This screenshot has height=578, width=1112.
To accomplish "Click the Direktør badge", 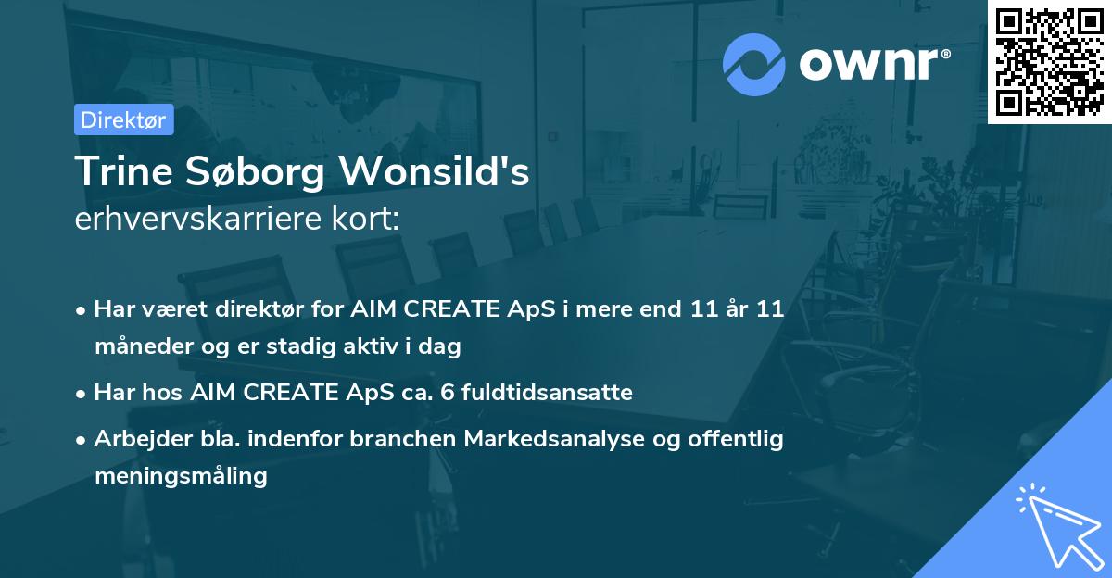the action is click(124, 119).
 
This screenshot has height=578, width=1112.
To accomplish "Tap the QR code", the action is click(1049, 62).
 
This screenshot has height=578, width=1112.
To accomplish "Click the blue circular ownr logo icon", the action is click(753, 65).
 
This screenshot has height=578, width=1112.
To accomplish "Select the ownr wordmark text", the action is click(868, 64).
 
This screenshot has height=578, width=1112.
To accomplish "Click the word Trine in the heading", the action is click(124, 170).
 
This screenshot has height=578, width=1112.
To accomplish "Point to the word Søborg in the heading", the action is click(255, 171).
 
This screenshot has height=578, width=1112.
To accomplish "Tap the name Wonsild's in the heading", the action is click(434, 170).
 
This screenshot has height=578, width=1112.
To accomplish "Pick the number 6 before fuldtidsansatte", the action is click(448, 393).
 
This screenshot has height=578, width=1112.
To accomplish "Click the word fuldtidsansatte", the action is click(547, 392).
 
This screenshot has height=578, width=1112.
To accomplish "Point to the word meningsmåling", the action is click(182, 476).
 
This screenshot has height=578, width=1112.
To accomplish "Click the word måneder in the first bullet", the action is click(144, 346).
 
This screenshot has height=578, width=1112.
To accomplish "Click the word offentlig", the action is click(736, 439).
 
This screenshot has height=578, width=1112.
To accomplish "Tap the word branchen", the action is click(402, 438).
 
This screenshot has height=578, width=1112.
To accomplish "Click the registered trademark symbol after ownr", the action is click(945, 54).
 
